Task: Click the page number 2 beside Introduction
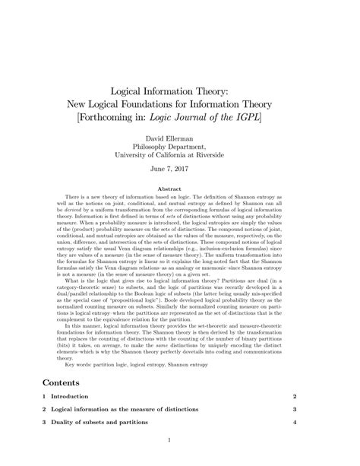pyautogui.click(x=294, y=397)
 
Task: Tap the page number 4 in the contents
pyautogui.click(x=294, y=422)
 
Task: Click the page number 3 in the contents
pyautogui.click(x=294, y=409)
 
